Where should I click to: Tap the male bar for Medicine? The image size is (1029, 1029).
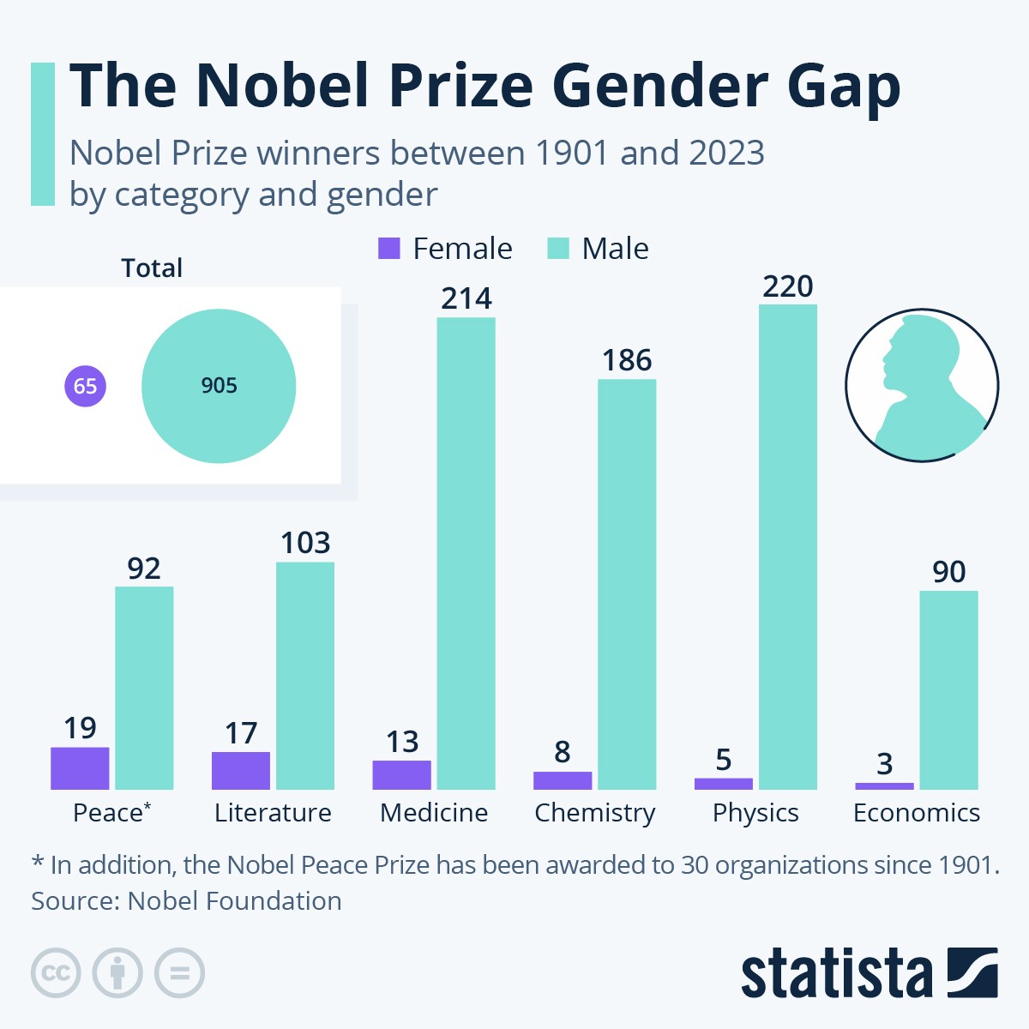point(466,553)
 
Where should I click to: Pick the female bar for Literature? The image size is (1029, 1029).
point(241,770)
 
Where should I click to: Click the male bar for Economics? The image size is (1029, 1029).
point(948,689)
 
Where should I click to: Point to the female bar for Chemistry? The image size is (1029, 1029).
point(563,780)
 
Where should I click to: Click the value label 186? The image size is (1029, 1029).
point(627,360)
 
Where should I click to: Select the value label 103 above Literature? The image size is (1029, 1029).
point(305,543)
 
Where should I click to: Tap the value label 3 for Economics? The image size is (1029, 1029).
point(884,763)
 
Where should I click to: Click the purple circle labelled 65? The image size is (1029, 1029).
point(85,386)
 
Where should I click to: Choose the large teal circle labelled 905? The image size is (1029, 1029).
point(219,386)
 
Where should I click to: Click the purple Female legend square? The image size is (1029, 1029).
point(389,249)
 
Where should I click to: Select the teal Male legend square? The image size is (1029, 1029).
point(558,249)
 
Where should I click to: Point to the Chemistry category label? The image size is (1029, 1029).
point(594,813)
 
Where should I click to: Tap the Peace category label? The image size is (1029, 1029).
point(108,813)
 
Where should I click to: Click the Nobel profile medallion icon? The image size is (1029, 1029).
point(922,386)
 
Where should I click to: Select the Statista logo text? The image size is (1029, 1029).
point(836,973)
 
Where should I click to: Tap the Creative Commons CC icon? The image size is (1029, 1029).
point(56,973)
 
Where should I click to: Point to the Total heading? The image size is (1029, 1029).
point(152,268)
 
